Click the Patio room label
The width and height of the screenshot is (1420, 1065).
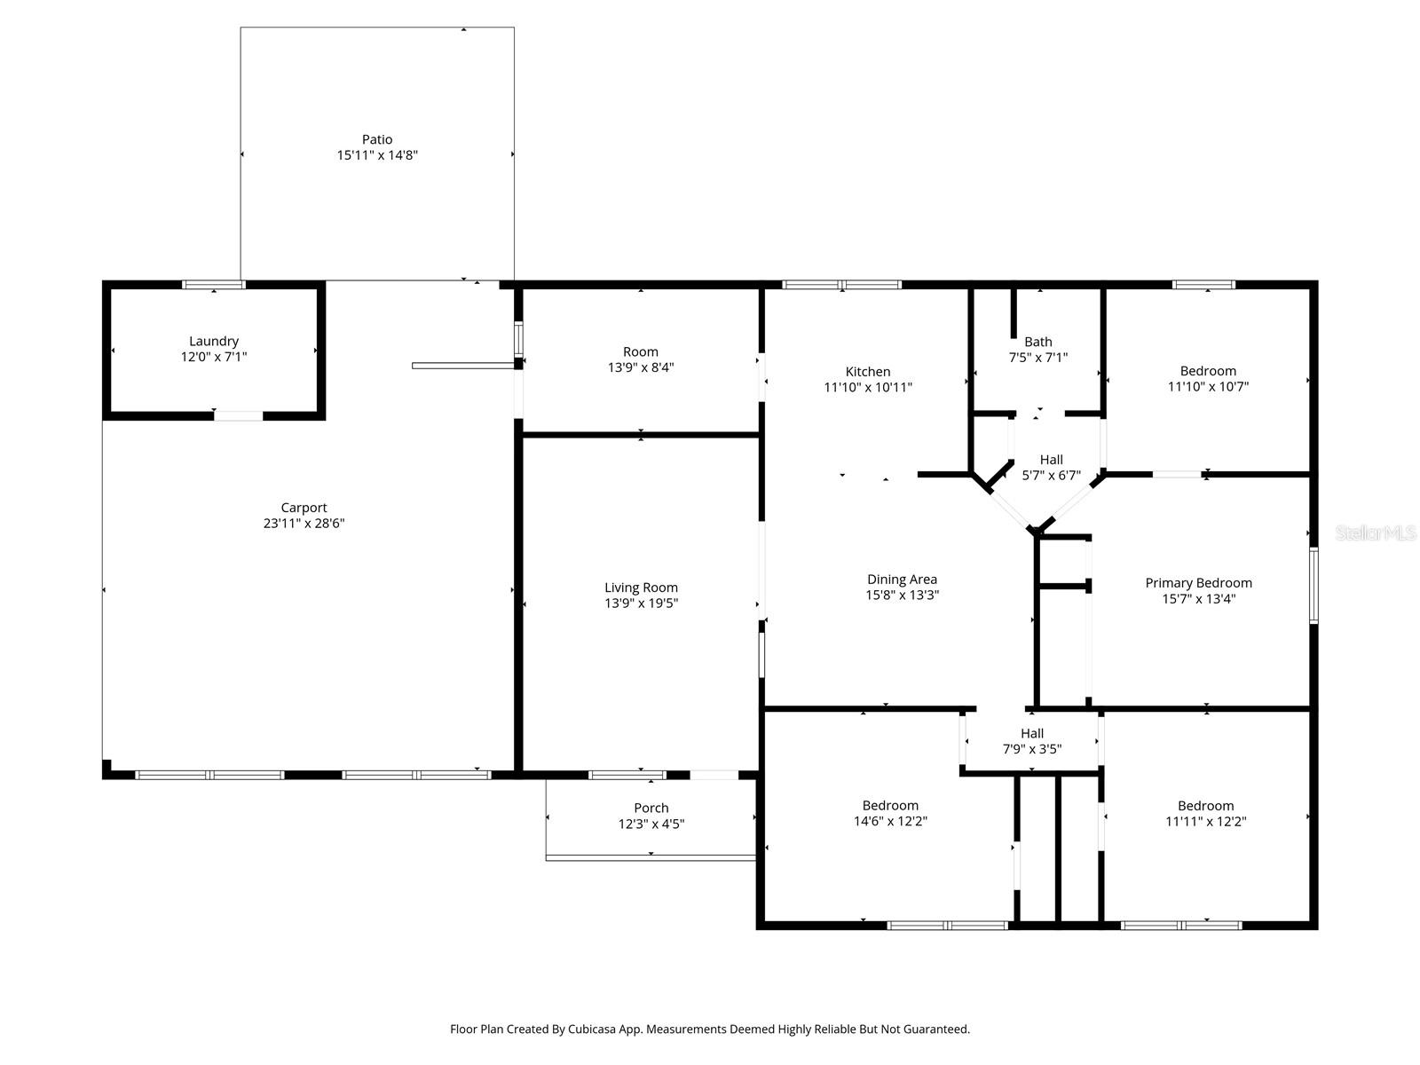tap(376, 139)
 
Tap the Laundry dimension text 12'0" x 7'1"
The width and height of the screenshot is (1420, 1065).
tap(213, 357)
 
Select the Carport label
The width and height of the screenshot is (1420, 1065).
tap(304, 508)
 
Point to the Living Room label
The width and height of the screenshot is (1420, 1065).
tap(641, 588)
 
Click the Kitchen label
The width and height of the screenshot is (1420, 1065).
tap(867, 372)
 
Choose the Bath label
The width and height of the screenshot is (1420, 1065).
tap(1037, 342)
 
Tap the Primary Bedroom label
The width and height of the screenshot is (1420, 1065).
tap(1198, 583)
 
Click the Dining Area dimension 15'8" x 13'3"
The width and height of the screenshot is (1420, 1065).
tap(902, 596)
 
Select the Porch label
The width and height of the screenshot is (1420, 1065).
tap(651, 808)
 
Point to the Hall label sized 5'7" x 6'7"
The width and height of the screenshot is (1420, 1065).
tap(1051, 460)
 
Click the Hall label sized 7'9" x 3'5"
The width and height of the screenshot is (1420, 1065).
tap(1031, 733)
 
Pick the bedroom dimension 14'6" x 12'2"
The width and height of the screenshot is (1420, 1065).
tap(890, 822)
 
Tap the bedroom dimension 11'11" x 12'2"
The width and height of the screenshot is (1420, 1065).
tap(1205, 822)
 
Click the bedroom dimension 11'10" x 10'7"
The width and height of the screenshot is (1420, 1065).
tap(1208, 387)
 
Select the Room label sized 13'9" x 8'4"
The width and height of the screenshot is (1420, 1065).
tap(640, 351)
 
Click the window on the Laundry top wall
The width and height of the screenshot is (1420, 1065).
tap(213, 285)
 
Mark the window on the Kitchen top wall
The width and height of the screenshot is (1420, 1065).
tap(841, 285)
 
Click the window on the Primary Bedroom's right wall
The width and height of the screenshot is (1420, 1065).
tap(1313, 585)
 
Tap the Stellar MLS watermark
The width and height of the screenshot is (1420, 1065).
tap(1376, 532)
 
